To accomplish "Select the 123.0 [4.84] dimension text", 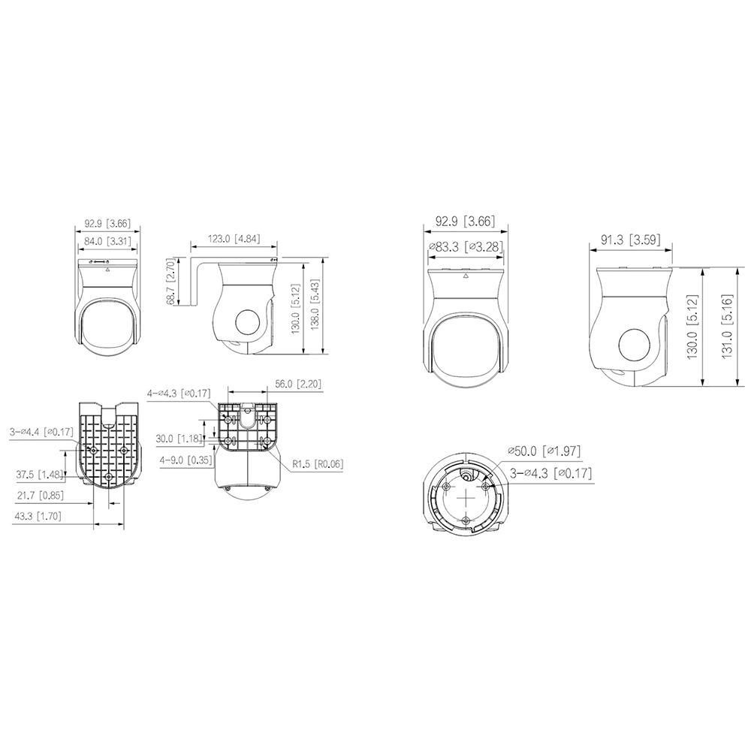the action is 234,238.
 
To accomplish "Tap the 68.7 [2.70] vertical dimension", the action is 172,282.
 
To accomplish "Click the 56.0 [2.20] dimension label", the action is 298,384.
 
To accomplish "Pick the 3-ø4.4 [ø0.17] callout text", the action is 41,432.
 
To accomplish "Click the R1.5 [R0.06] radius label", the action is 318,463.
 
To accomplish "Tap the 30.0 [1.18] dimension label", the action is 179,439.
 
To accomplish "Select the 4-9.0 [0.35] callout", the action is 186,460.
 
